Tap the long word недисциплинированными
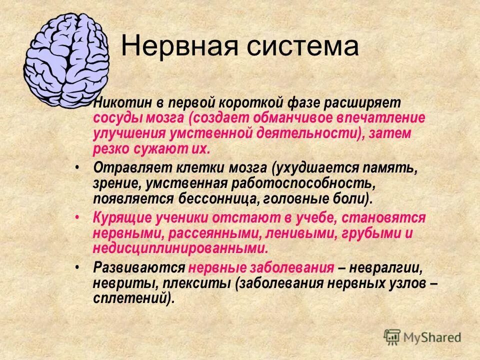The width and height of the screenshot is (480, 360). pyautogui.click(x=180, y=248)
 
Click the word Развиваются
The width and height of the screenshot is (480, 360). pyautogui.click(x=139, y=267)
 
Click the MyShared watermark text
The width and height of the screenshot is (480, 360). pyautogui.click(x=432, y=337)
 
